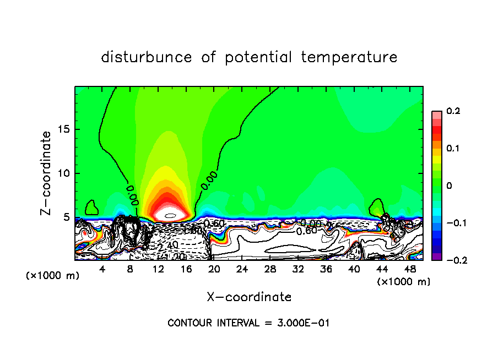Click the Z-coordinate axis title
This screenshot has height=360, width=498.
[47, 172]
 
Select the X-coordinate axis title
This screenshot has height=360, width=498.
[249, 297]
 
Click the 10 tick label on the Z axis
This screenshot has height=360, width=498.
[64, 173]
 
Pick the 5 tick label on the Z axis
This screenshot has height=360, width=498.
[67, 217]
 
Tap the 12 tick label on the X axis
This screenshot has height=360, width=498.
[158, 269]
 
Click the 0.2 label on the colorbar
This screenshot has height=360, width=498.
[453, 111]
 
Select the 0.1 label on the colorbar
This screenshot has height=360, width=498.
[453, 149]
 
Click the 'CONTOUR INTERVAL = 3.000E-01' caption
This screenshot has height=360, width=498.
[248, 323]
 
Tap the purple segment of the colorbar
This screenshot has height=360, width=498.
[437, 257]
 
